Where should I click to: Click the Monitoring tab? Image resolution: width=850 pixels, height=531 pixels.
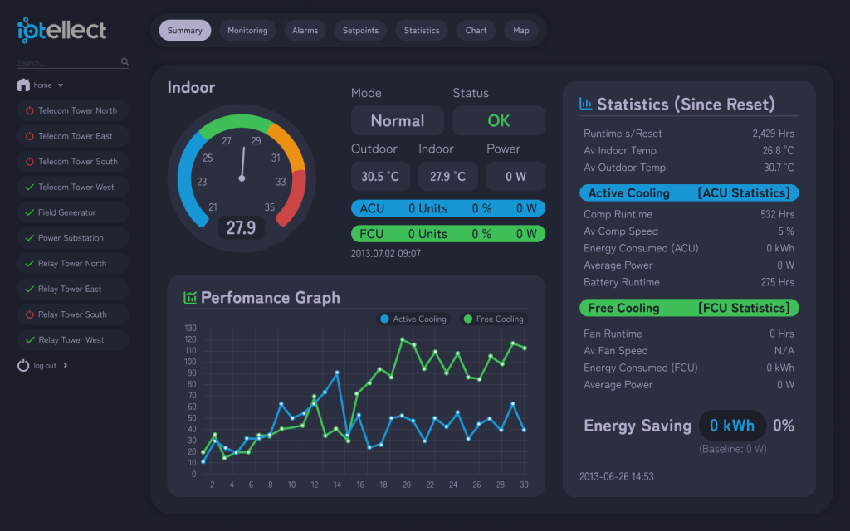click(247, 31)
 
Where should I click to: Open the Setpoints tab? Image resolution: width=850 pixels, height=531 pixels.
click(360, 31)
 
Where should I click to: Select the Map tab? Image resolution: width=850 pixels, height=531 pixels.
click(521, 31)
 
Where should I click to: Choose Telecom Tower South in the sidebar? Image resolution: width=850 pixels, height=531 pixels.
click(73, 162)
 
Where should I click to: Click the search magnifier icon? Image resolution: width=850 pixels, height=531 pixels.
click(125, 61)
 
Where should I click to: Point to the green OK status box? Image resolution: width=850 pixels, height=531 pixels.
click(499, 120)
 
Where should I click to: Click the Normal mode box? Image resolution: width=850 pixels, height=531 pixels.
click(398, 120)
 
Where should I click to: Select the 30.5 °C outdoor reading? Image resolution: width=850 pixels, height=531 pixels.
click(380, 176)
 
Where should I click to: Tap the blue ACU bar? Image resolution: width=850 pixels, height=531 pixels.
click(447, 208)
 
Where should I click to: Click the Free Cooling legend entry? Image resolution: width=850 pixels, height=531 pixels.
click(494, 319)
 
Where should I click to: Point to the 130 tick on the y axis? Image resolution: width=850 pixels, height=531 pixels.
click(190, 328)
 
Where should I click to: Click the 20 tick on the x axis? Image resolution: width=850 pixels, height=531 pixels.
click(407, 485)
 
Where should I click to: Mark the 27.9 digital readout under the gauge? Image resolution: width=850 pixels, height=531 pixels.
click(242, 227)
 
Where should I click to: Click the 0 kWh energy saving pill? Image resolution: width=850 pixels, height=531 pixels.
click(732, 426)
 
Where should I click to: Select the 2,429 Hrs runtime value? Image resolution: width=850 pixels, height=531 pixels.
click(773, 134)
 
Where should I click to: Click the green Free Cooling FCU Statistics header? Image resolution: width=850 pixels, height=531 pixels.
click(689, 308)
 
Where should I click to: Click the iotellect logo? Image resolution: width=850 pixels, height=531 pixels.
click(61, 30)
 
